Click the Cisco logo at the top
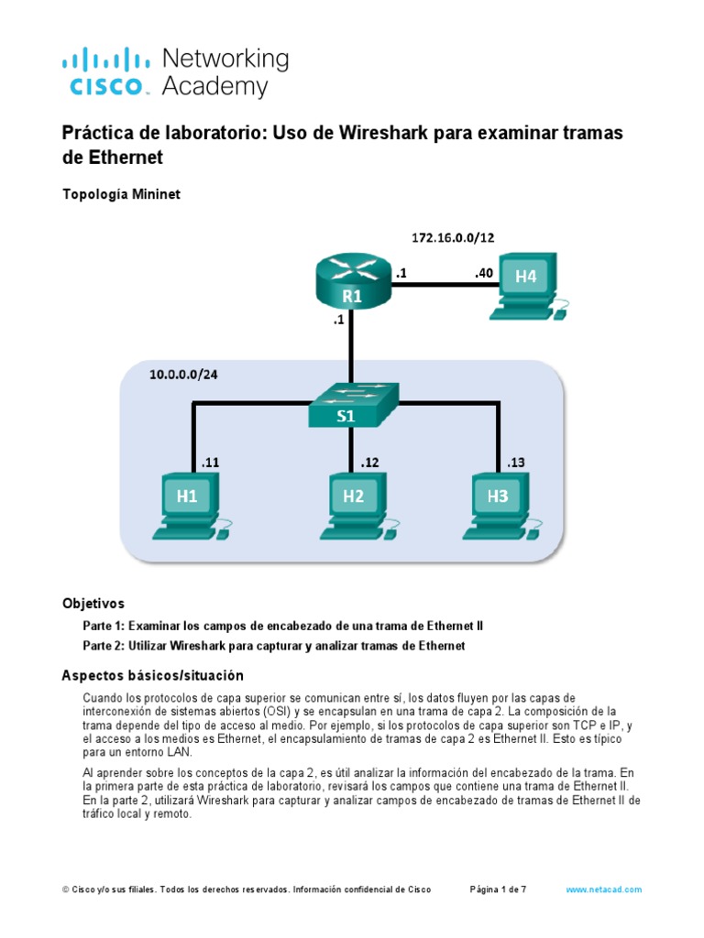click(105, 73)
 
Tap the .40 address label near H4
click(484, 271)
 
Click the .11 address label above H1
click(210, 463)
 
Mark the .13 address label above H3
click(515, 463)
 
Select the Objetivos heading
click(93, 604)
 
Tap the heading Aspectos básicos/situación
click(153, 675)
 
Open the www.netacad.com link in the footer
click(603, 889)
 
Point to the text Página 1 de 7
click(498, 889)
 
